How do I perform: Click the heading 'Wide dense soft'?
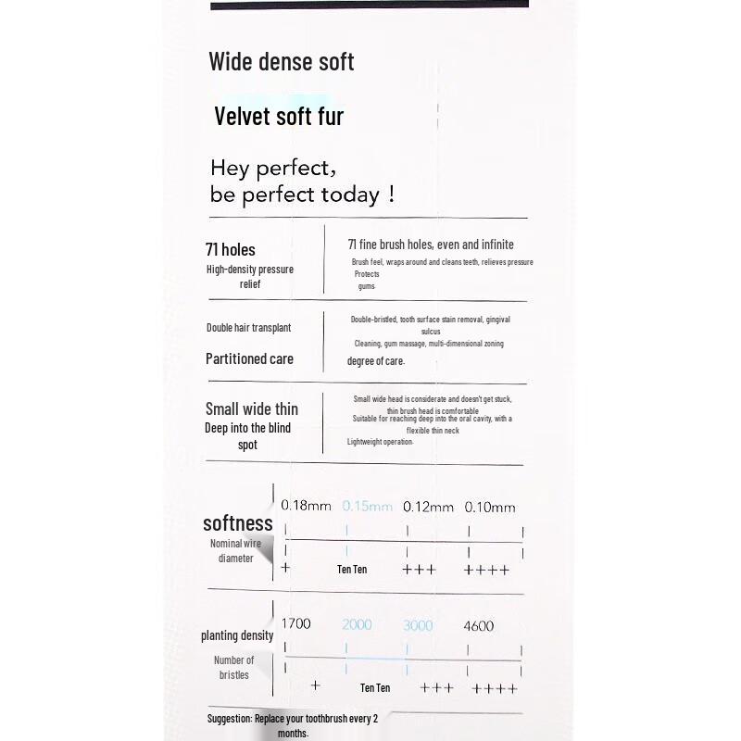tap(282, 62)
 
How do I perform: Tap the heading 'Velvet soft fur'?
tap(279, 117)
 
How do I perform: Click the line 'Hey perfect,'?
tap(272, 169)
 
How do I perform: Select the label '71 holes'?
tap(231, 249)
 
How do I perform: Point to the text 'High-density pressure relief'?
tap(250, 276)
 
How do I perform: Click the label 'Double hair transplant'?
tap(248, 328)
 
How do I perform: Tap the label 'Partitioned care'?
tap(249, 358)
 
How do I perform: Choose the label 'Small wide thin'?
tap(251, 408)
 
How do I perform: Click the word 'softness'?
tap(238, 523)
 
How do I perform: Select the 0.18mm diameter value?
tap(306, 506)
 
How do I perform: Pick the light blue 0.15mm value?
tap(367, 506)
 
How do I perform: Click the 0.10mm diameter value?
tap(490, 507)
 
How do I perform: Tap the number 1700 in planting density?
tap(295, 625)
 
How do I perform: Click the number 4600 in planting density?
tap(479, 625)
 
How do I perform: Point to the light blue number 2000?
tap(357, 625)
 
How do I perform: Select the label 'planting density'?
tap(237, 635)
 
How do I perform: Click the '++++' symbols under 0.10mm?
tap(486, 570)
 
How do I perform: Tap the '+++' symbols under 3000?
tap(437, 688)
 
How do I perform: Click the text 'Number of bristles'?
tap(233, 667)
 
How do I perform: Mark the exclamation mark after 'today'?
tap(392, 195)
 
